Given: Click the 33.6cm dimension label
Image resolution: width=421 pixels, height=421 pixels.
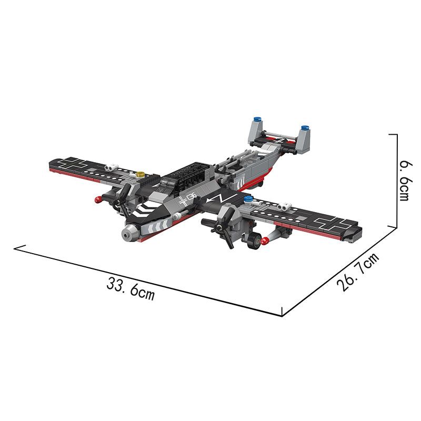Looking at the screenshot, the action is click(131, 288).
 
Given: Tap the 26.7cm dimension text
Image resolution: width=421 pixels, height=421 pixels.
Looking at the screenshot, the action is click(358, 272).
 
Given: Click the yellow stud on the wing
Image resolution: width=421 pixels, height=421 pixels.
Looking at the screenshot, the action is click(140, 175).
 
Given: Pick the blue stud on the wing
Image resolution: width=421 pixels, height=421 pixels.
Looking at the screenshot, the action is click(248, 199).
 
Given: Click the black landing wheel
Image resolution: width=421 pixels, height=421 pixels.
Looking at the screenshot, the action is click(254, 240).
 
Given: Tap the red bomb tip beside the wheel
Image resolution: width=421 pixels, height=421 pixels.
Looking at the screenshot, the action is click(265, 241).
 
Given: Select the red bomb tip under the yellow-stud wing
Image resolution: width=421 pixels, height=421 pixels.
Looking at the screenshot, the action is click(98, 200).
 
